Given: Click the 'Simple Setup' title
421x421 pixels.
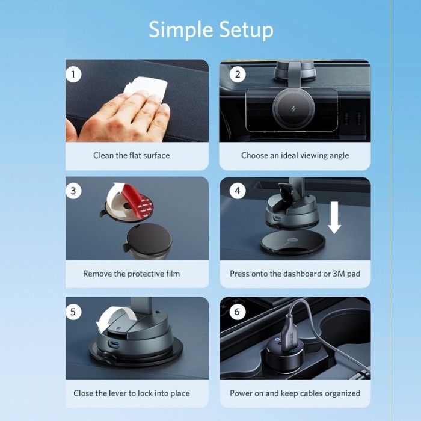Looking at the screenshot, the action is coord(211,30).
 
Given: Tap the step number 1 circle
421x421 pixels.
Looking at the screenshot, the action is coord(73,74).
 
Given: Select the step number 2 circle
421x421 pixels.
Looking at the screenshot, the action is coord(238,74).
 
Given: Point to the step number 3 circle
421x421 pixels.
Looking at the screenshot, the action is coord(73,191).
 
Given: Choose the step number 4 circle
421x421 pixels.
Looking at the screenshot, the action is coord(238,191).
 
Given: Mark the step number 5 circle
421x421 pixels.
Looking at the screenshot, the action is coord(73,312).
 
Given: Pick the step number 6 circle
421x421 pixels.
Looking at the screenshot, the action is coord(238,312).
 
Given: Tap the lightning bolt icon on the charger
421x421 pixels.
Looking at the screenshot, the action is coord(293,109).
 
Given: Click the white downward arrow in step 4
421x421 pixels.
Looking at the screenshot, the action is coord(334,218).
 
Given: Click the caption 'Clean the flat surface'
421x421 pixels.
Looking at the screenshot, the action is coord(131,155).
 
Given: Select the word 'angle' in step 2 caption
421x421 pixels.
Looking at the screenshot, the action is coord(340,156).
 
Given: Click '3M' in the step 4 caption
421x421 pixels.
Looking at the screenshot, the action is coord(339,274).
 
